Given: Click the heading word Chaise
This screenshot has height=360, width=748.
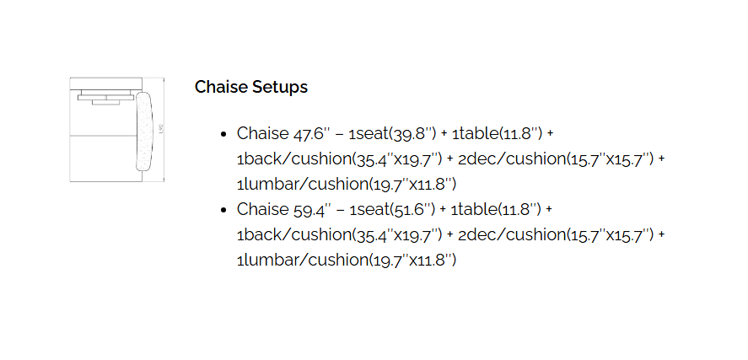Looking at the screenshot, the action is pos(221,87).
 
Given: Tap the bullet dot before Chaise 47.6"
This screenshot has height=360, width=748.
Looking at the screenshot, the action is pos(223,134).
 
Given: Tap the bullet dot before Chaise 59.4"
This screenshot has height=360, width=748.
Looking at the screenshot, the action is pos(223,210).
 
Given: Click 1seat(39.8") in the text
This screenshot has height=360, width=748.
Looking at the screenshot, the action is pos(393,133).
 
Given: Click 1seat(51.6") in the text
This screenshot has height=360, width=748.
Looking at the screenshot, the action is pos(392,209).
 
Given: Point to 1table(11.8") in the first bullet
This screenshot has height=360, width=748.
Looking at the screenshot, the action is pos(497,133).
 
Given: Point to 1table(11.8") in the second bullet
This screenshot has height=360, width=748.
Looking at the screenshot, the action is pos(496,209).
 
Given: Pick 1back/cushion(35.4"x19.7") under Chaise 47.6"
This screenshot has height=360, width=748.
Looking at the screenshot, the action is pos(340,159).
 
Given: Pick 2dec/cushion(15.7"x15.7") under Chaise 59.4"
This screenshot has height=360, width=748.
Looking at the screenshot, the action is pos(556,234).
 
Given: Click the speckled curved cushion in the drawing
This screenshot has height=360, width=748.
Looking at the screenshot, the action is pos(143,132).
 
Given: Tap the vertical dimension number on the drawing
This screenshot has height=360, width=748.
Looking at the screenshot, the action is pos(161,130).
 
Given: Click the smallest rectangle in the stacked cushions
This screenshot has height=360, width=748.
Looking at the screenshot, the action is pos(106,102).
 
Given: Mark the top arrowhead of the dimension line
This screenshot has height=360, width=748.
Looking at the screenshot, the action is pos(164,79).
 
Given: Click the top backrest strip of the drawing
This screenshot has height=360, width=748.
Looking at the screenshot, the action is pos(106,83).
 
